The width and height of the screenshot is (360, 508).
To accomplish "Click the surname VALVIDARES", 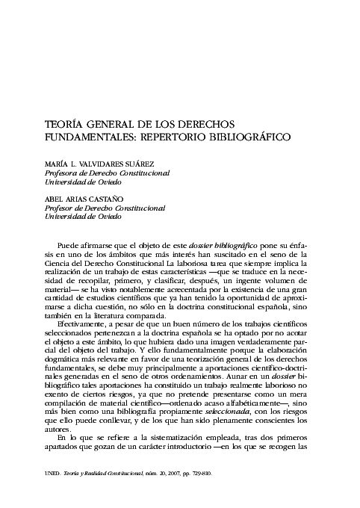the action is (105, 164).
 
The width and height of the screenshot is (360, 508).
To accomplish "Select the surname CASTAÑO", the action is (104, 199).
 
